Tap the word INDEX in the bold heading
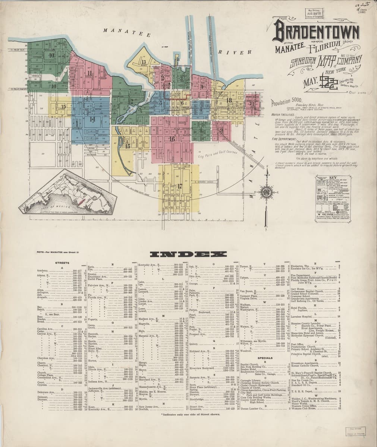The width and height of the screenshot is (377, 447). point(188,255)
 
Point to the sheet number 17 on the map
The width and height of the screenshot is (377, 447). point(179,186)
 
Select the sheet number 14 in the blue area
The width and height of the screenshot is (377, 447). point(92,119)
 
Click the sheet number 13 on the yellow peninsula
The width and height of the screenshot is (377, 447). point(144,62)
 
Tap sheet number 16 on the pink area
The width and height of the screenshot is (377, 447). point(172,139)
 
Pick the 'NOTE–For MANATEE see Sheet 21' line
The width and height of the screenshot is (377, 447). point(57,253)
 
